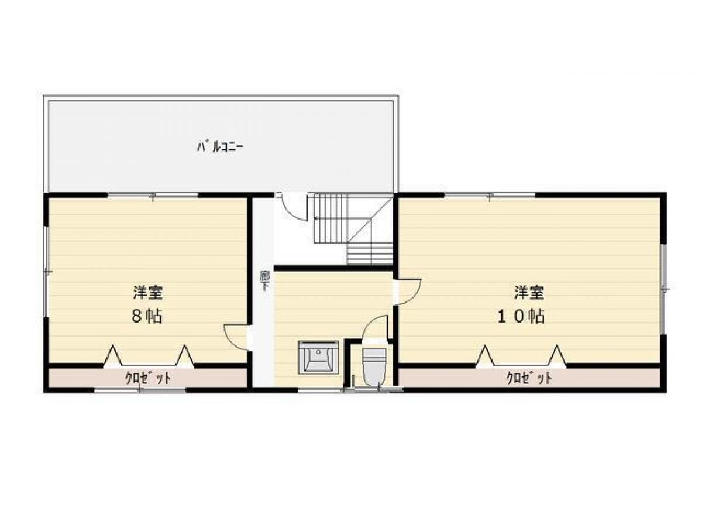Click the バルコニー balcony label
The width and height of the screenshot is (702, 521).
219,147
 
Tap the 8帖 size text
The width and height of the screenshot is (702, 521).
147,316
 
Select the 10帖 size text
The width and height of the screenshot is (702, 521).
521,316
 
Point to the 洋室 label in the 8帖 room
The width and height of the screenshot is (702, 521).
147,291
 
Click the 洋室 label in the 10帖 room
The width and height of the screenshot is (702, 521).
530,291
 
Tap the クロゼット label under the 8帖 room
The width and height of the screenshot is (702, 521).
148,378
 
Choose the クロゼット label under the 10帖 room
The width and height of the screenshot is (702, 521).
529,378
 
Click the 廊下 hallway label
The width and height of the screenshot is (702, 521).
264,281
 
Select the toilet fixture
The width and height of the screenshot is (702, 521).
374,364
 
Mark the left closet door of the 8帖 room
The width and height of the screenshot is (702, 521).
113,356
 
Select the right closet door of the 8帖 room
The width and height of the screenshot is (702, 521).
184,356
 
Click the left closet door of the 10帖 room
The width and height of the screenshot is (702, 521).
485,356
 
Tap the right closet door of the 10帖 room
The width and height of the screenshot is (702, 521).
556,356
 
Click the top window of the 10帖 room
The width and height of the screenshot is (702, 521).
490,196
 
